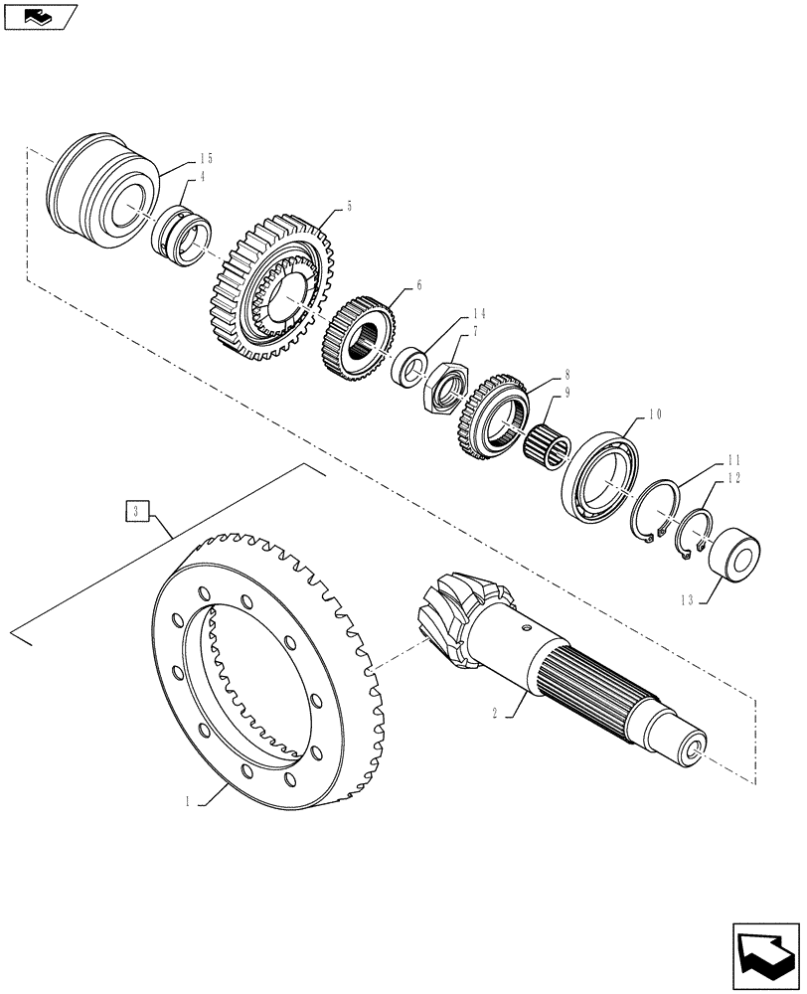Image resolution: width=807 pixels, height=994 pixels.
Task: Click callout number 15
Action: coord(206,158)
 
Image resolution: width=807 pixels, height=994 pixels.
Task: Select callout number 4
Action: coord(202,177)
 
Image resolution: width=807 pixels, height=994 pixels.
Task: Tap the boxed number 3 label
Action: coord(136,512)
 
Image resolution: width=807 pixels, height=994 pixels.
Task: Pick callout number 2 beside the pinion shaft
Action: coord(494,713)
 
